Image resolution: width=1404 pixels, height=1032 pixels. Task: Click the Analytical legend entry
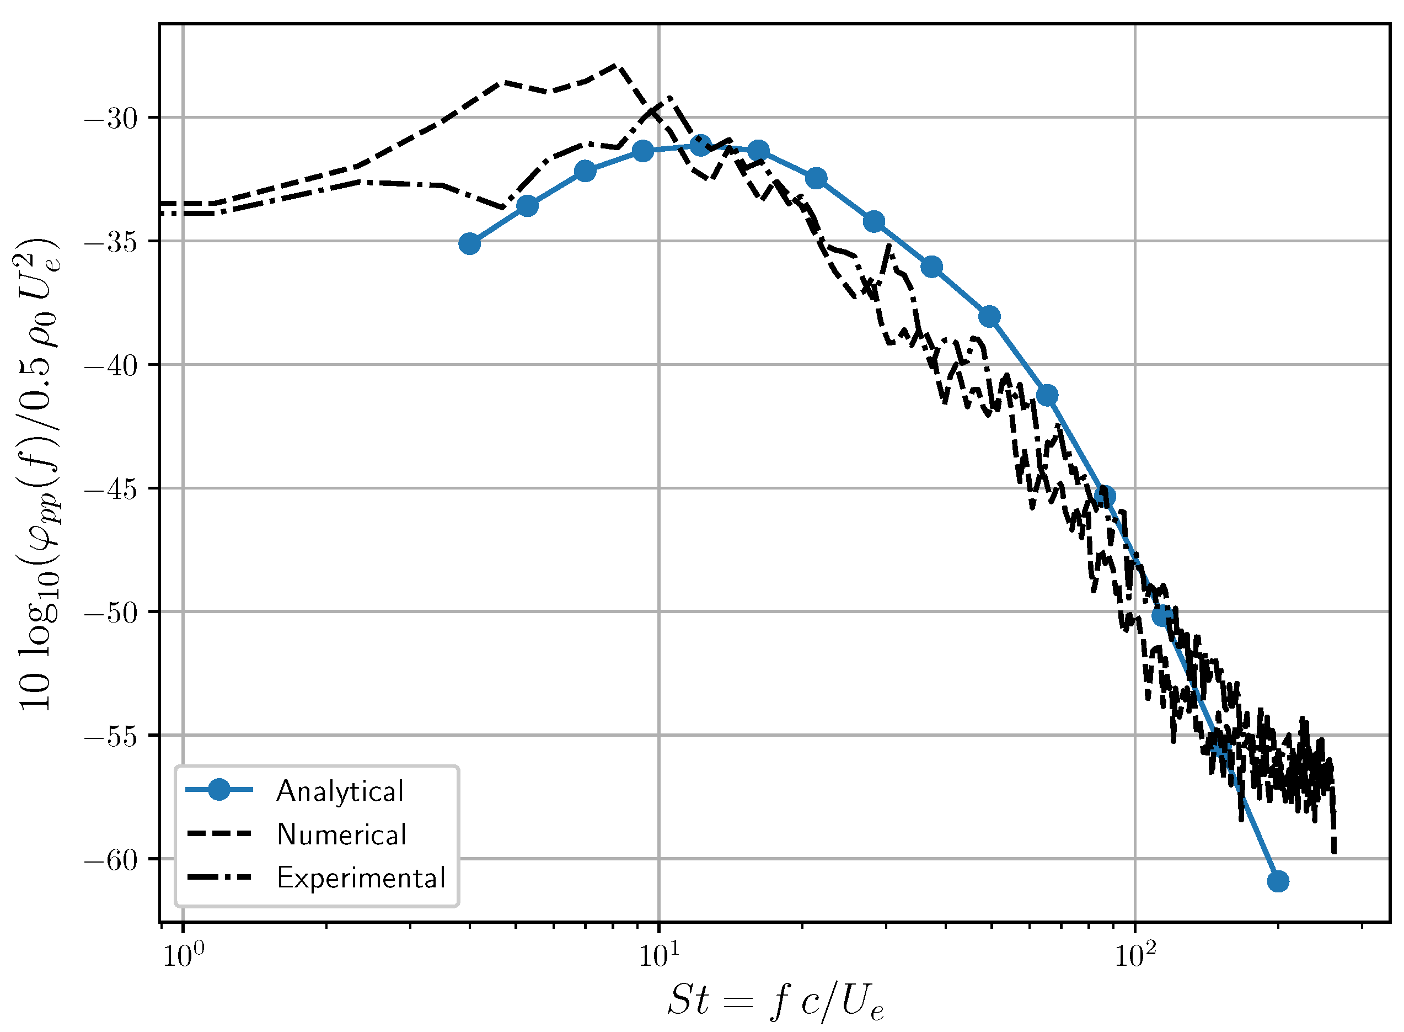[340, 791]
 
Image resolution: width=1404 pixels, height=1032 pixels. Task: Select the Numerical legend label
[341, 834]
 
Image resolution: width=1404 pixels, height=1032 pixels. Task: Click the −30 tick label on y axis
[111, 119]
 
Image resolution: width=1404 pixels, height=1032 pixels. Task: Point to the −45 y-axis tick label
[111, 489]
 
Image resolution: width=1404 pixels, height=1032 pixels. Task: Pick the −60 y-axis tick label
[111, 860]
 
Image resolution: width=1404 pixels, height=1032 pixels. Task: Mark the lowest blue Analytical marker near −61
[1278, 881]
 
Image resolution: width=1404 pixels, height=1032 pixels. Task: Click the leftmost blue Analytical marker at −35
[469, 243]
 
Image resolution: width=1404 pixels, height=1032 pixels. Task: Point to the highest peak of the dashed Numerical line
[615, 65]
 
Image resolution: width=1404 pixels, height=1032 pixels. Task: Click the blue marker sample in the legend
[219, 790]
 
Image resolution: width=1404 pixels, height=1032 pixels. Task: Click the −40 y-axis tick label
[111, 365]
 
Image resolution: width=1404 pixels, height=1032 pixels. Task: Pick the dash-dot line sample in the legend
[219, 877]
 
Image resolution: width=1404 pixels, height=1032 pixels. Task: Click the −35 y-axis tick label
[111, 242]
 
